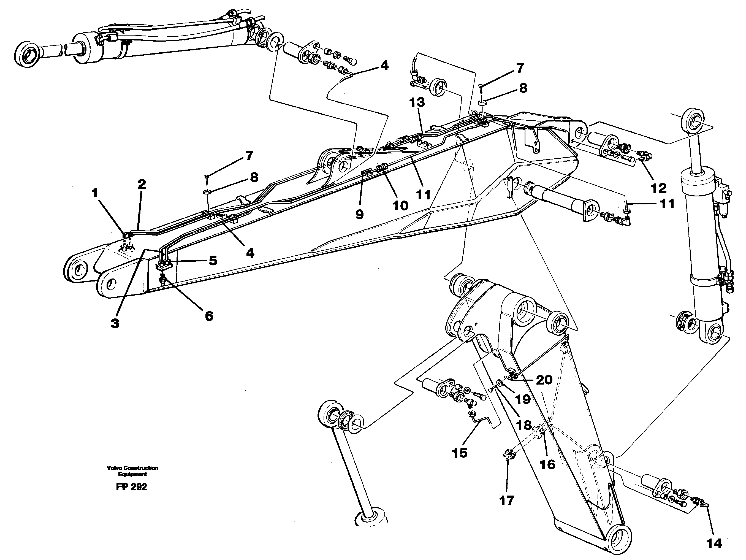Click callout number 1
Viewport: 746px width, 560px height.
pos(95,193)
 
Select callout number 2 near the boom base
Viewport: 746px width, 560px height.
pos(142,184)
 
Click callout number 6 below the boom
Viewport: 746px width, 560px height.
pos(209,316)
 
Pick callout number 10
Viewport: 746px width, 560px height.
pos(400,205)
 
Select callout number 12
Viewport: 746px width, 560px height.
pos(658,188)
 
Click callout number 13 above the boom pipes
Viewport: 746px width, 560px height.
pos(417,102)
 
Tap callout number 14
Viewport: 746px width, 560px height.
pos(714,543)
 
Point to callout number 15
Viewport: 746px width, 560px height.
pos(460,453)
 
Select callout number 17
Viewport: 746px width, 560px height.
pos(506,501)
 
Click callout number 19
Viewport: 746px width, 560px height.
pos(523,399)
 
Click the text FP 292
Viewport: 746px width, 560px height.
pos(132,487)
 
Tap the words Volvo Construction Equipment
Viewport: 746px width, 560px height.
pos(132,471)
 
